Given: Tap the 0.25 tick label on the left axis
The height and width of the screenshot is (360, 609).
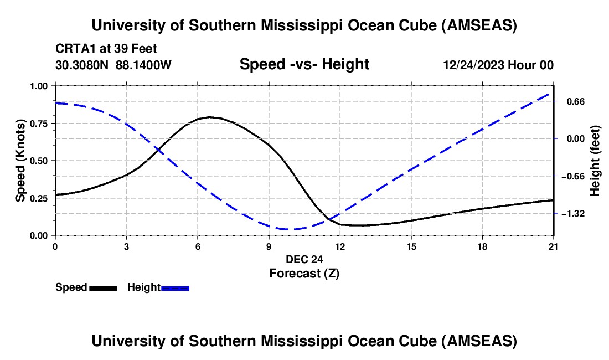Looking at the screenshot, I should [40, 198].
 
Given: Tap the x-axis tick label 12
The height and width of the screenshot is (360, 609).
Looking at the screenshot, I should [340, 246].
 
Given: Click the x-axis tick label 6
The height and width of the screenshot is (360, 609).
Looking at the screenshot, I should [198, 246].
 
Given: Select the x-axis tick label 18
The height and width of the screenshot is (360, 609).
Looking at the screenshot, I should [482, 246].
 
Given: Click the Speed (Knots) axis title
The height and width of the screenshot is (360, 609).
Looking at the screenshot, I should [20, 161].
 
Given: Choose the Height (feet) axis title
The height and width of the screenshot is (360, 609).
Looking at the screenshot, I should [596, 161].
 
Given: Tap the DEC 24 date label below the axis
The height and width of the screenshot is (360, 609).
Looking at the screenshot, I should [304, 259].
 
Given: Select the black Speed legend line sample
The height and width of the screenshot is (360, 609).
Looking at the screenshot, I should [103, 288].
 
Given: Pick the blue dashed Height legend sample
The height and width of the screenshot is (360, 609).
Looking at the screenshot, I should [175, 288].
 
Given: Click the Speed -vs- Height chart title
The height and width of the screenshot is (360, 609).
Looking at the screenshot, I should [304, 64].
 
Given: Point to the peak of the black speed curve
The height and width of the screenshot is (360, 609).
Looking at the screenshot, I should [209, 117].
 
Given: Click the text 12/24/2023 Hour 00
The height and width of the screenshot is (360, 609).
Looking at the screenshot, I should [498, 65].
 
